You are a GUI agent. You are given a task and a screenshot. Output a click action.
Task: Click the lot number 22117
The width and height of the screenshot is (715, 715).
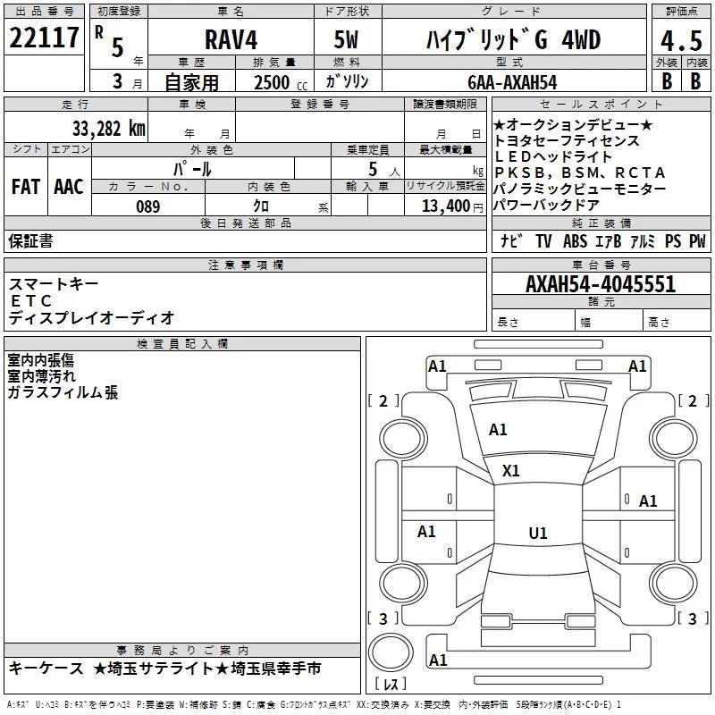tap(44, 38)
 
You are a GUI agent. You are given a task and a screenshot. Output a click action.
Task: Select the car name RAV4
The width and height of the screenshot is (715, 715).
tap(231, 39)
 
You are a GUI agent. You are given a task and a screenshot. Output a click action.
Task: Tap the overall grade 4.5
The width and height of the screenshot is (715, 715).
tap(681, 40)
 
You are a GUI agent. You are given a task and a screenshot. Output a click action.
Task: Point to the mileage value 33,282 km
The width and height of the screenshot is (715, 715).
tap(108, 129)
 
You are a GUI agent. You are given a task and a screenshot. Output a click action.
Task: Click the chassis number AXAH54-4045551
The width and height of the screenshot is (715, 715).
tap(601, 284)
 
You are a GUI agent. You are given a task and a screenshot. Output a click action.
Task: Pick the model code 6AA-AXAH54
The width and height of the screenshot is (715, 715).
tap(512, 82)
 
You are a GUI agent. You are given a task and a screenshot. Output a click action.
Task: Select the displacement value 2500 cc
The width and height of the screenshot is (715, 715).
tap(281, 82)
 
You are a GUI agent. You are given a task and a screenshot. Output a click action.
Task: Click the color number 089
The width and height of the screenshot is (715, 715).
tap(148, 206)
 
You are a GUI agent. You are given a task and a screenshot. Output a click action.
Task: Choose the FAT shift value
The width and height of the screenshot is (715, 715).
tap(26, 187)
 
